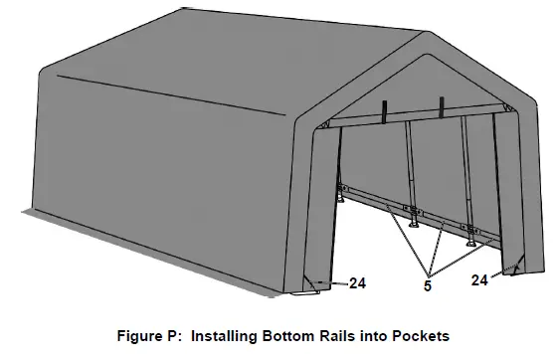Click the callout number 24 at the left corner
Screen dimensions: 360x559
pos(358,283)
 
